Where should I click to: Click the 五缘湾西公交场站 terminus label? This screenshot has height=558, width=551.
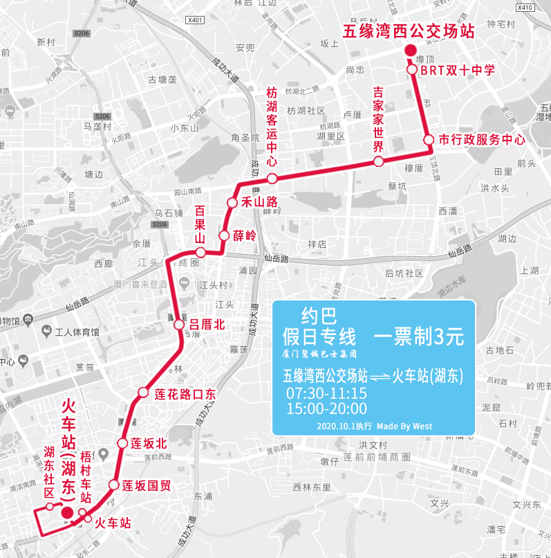click(x=409, y=31)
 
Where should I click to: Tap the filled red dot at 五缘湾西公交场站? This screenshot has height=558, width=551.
click(x=410, y=51)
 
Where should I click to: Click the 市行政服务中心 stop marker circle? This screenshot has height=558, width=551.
click(x=429, y=139)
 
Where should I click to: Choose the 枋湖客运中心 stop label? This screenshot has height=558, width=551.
click(x=272, y=127)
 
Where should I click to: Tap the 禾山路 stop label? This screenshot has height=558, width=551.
click(x=259, y=202)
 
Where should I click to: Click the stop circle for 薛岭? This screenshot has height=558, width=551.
click(x=224, y=236)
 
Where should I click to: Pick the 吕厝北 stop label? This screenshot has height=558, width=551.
click(x=208, y=324)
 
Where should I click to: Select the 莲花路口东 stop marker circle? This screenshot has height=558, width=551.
click(x=143, y=393)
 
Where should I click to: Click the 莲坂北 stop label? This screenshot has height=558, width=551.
click(x=149, y=443)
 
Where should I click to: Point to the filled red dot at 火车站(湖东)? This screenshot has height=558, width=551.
click(x=67, y=512)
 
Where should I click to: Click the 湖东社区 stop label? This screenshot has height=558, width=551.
click(x=49, y=472)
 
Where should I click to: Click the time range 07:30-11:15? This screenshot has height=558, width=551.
click(x=326, y=393)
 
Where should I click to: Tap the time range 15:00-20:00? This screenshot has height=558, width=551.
click(x=326, y=408)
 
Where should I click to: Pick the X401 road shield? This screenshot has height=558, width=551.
click(x=196, y=20)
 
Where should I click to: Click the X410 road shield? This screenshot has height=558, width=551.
click(x=525, y=8)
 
